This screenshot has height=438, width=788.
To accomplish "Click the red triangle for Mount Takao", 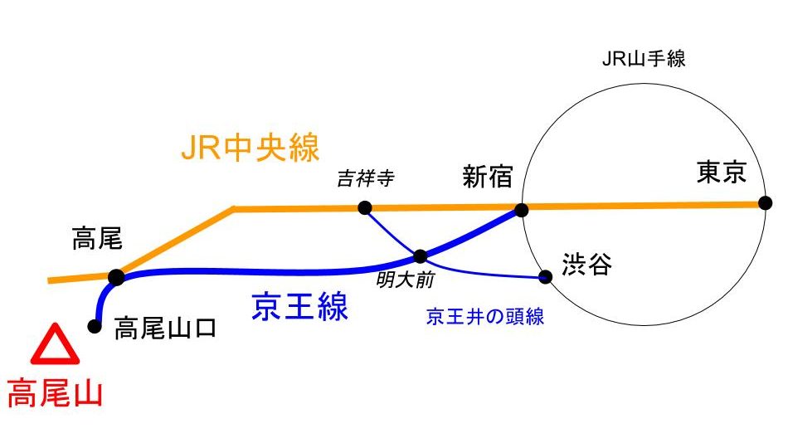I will [x=56, y=346].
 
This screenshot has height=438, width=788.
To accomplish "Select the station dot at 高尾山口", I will [x=95, y=327].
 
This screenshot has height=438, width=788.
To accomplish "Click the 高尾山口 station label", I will [x=165, y=328].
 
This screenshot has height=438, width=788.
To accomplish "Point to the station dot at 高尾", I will [x=116, y=277].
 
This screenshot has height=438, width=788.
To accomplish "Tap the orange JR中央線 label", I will [x=250, y=149].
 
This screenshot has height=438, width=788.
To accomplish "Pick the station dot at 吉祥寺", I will [x=364, y=207].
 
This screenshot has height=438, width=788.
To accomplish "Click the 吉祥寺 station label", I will [x=365, y=178].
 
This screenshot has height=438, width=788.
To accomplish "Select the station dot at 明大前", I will [x=421, y=256].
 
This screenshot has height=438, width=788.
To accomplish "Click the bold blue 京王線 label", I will [x=299, y=307].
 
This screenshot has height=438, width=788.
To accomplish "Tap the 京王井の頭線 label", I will [x=485, y=316].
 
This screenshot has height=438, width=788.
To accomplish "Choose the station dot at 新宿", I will [x=521, y=210].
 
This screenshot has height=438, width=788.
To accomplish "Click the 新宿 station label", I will [x=488, y=177].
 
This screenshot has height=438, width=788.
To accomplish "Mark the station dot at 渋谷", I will [x=545, y=276].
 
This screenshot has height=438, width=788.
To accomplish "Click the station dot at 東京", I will [x=765, y=202].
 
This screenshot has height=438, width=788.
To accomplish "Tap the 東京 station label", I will [x=722, y=172].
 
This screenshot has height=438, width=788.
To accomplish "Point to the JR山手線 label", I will [x=644, y=59].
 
